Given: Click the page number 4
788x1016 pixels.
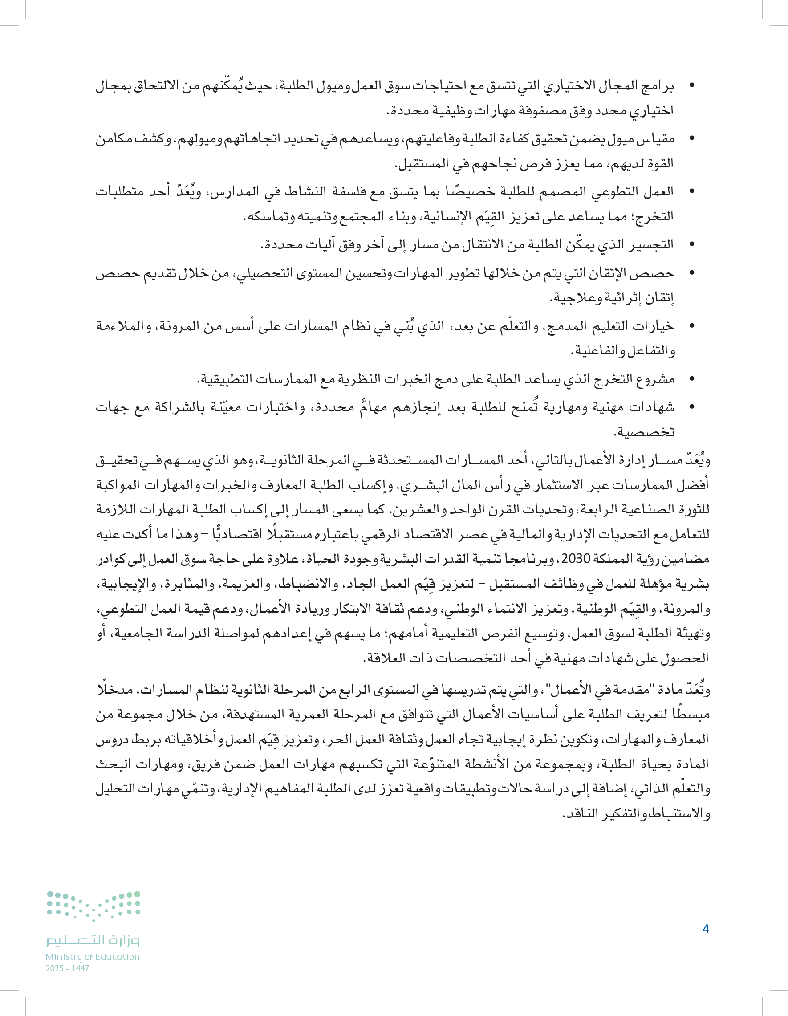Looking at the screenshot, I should (x=705, y=929).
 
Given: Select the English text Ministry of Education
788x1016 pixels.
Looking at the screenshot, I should (x=93, y=957).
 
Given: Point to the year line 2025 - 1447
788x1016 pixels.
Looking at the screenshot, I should (x=68, y=968).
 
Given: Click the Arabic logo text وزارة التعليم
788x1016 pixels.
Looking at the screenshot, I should (x=93, y=940).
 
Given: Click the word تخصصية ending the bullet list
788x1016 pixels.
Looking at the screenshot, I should (x=644, y=432).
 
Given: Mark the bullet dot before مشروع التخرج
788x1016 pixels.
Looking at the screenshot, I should (x=692, y=379).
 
